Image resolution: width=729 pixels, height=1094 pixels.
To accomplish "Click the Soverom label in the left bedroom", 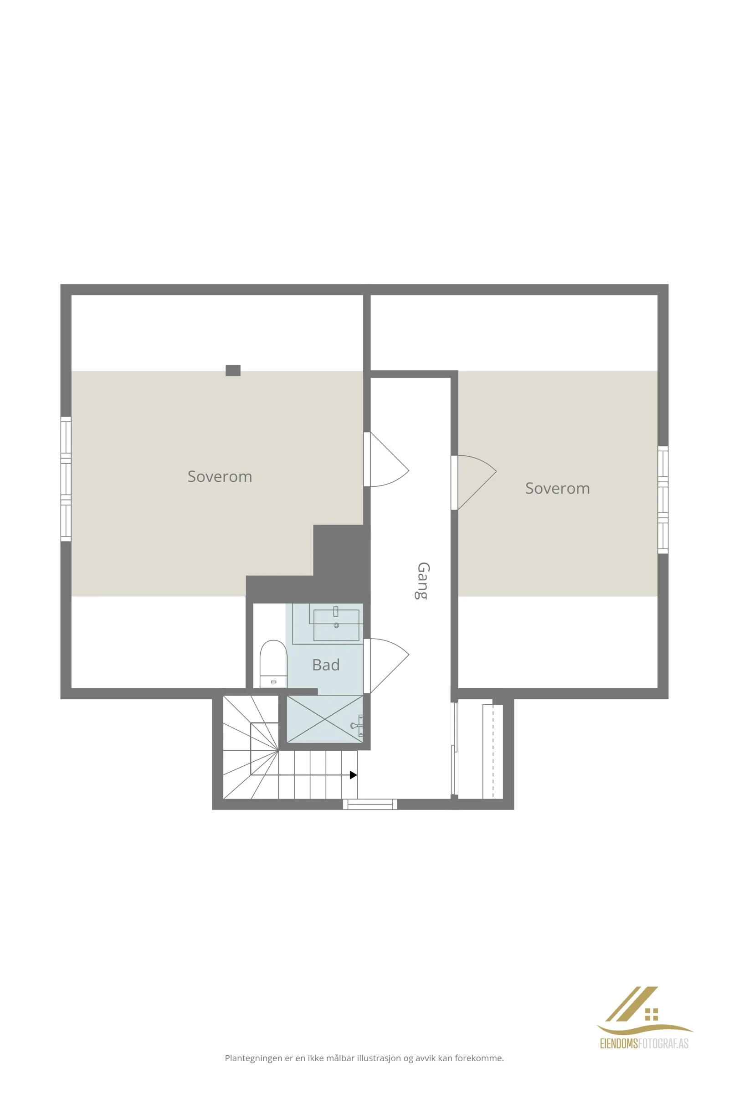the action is point(220,476).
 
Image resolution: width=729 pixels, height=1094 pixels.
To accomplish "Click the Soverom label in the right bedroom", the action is point(557,488).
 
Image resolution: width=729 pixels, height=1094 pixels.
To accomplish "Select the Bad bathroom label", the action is point(326,665).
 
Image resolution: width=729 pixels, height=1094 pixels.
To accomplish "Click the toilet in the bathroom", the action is point(273,664).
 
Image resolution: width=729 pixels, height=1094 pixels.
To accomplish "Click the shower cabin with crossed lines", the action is point(324,719).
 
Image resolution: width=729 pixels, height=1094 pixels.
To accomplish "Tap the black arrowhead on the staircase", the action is point(354,775).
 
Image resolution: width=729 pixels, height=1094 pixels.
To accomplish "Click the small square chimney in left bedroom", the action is point(233,370).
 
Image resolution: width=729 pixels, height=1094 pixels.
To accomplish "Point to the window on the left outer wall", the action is point(66,479).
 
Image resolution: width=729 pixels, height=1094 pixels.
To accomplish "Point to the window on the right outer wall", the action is point(663,500).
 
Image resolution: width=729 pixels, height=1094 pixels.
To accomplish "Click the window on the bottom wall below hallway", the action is point(370,804).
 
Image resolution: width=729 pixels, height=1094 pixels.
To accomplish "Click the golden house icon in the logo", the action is point(652,1015).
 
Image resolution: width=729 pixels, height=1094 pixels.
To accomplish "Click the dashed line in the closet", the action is point(493,751).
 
